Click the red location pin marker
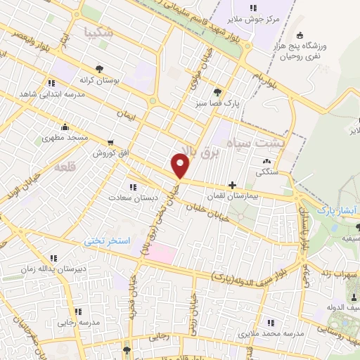click(x=181, y=166)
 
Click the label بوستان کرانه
click(x=98, y=80)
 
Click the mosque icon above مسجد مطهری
click(x=65, y=127)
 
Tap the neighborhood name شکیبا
click(x=97, y=32)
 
